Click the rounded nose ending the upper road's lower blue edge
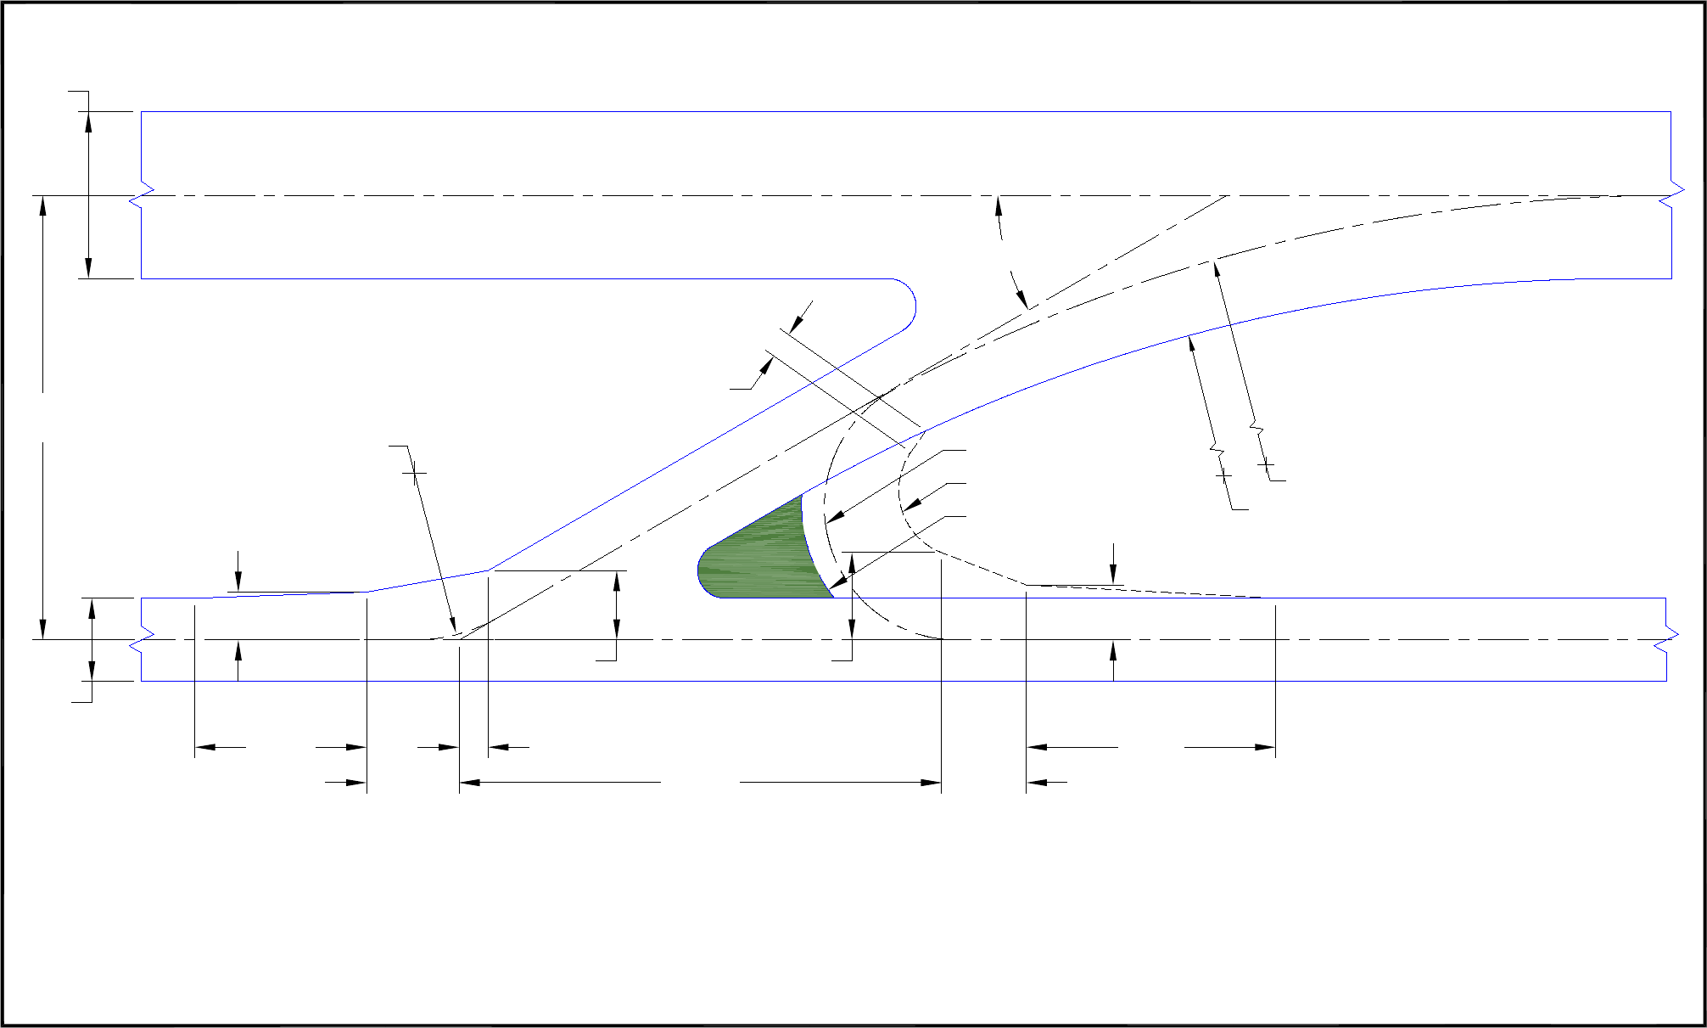(x=913, y=306)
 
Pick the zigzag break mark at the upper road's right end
(x=1671, y=195)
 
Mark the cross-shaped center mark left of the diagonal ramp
(x=414, y=473)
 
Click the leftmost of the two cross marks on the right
(x=1223, y=476)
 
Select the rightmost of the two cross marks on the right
(x=1265, y=465)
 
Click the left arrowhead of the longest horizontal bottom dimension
(x=469, y=782)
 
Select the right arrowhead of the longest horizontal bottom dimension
(x=932, y=782)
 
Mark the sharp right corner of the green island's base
(x=833, y=597)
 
